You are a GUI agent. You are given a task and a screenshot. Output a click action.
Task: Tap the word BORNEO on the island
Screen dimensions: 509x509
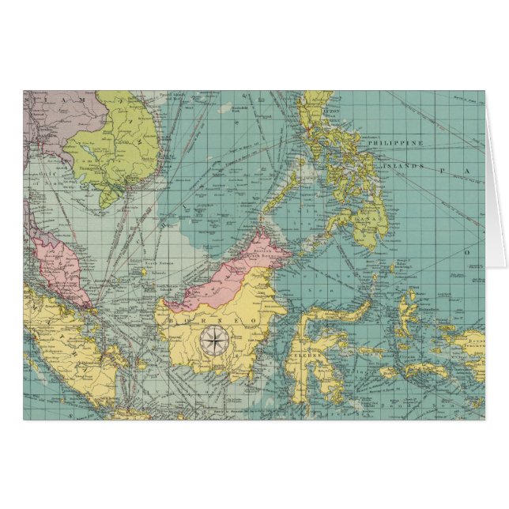pyautogui.click(x=213, y=321)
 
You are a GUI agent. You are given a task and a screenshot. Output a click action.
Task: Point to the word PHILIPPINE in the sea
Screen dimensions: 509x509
pyautogui.click(x=402, y=143)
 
